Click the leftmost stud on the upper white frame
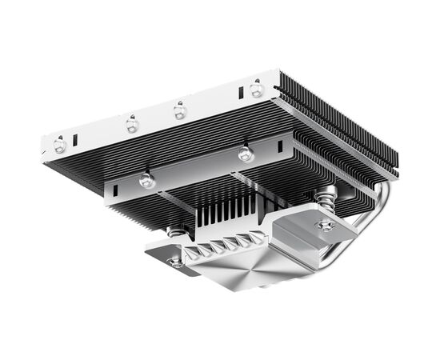coord(60,145)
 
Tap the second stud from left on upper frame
coord(132,125)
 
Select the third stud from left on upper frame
coord(181,110)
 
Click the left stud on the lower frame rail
coord(146,181)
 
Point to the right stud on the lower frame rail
coord(246,153)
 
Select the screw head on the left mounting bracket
coord(175,261)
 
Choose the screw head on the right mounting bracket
coord(326,226)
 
